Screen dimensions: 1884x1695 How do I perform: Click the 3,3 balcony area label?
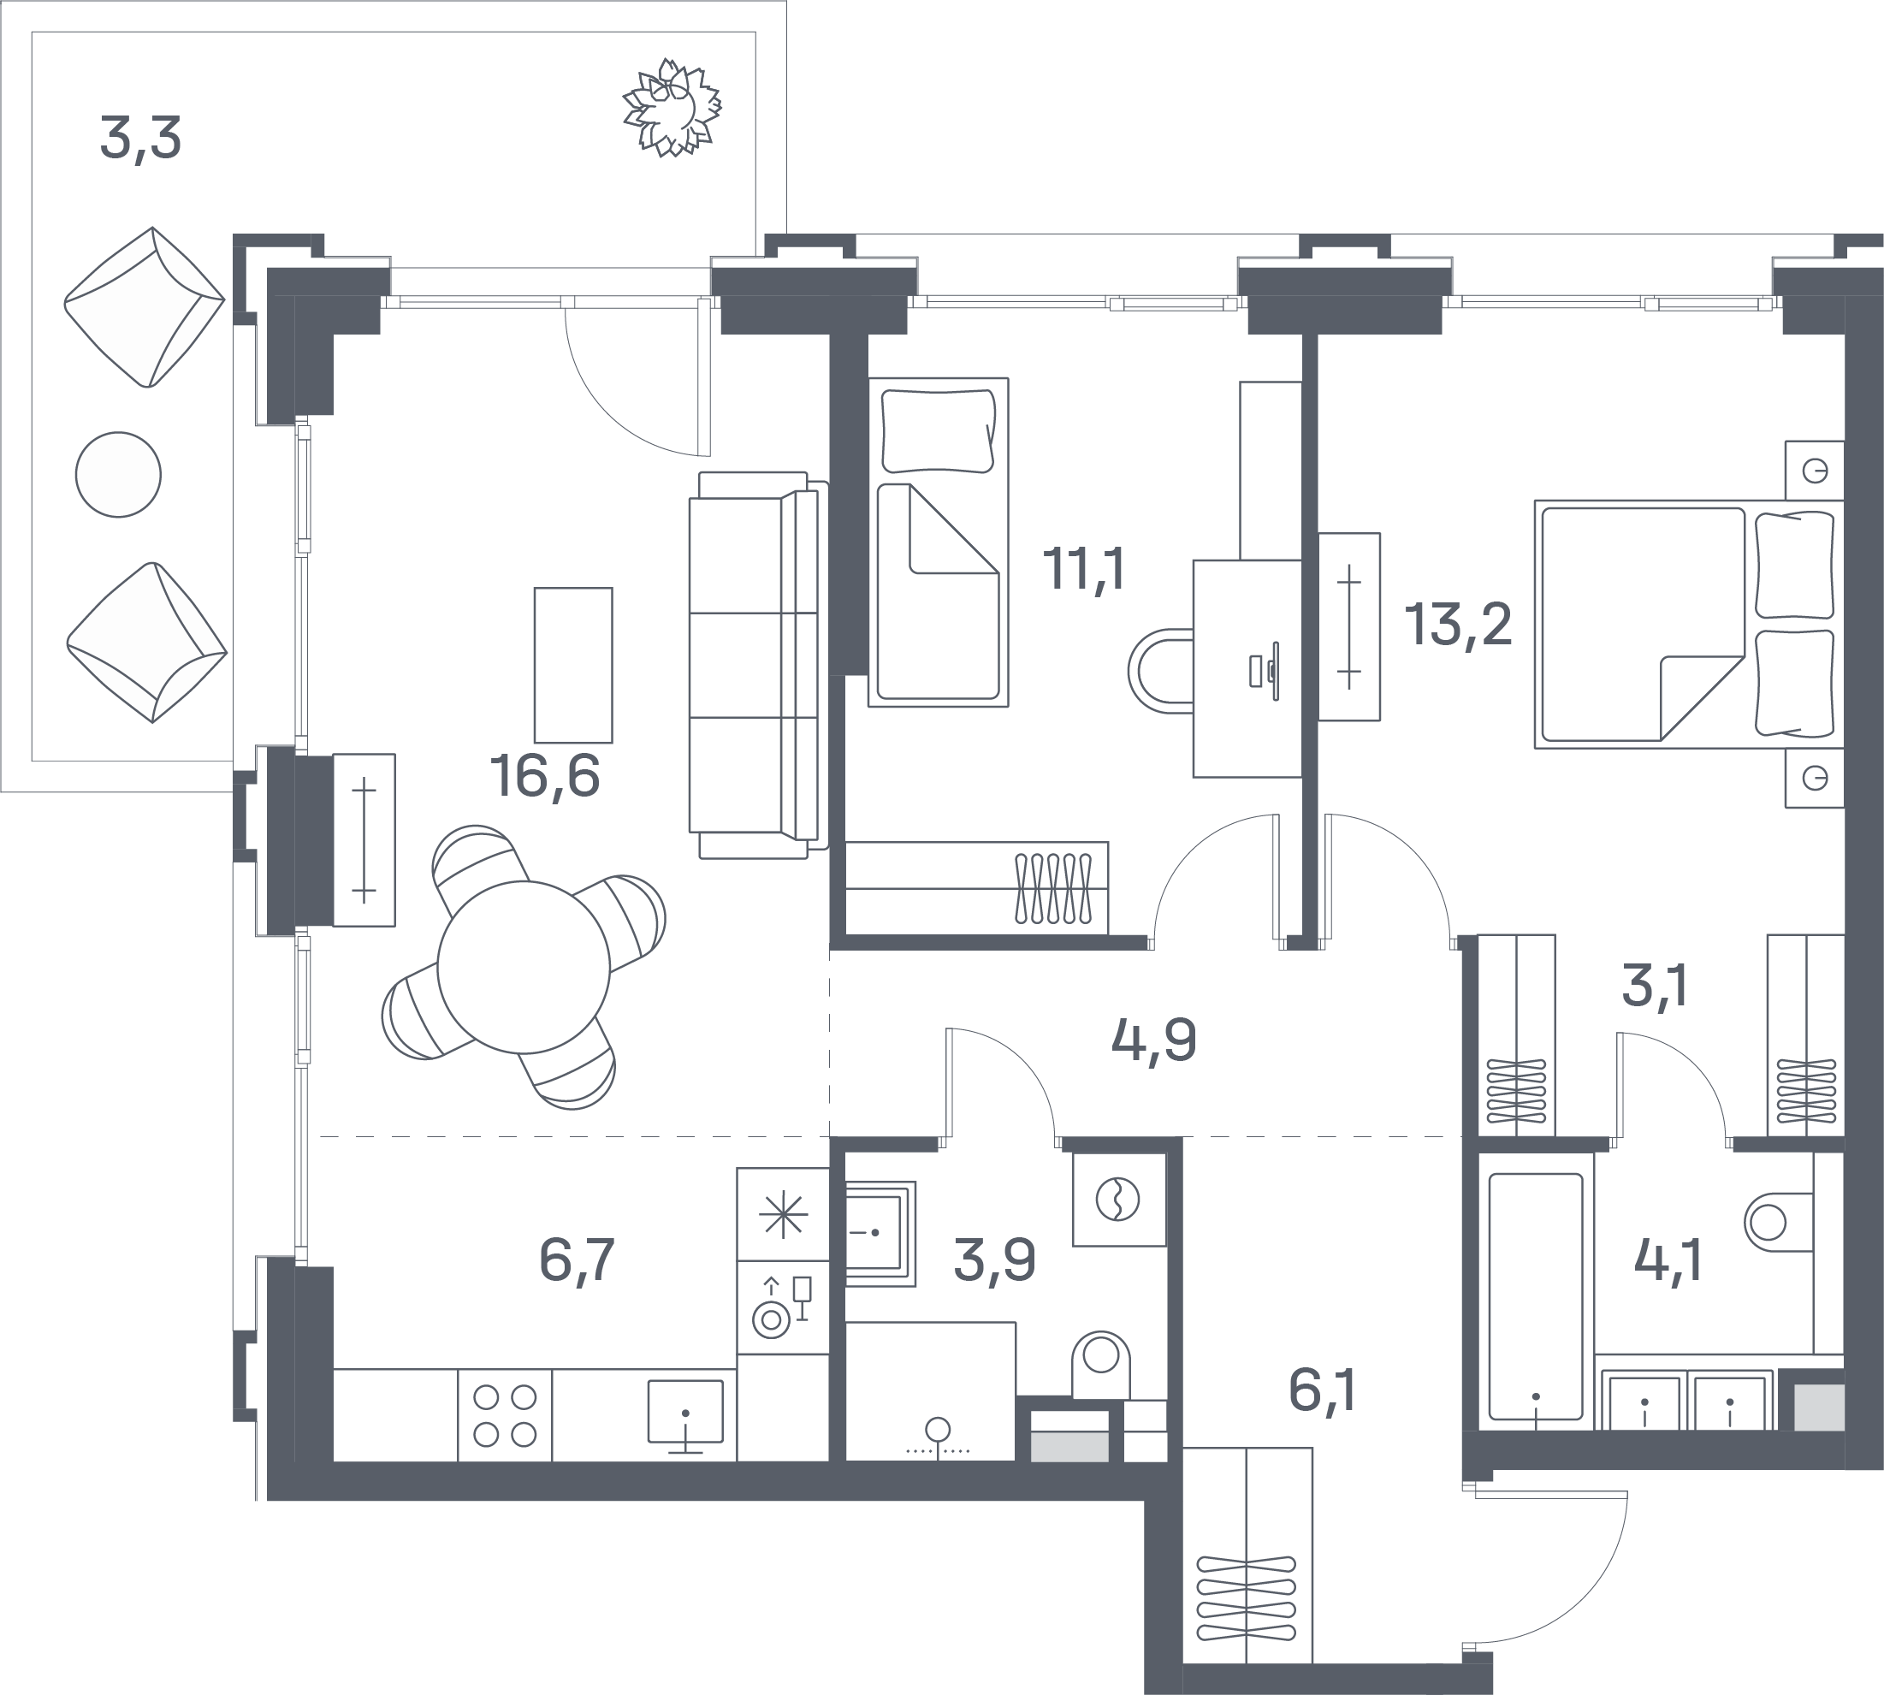[140, 139]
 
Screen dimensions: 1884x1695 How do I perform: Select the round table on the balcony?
[118, 474]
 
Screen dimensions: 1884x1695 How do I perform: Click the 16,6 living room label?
[545, 777]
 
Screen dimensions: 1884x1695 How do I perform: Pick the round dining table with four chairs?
[524, 967]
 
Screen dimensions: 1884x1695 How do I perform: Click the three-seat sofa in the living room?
[758, 665]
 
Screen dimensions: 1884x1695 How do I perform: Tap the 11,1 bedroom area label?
[1083, 568]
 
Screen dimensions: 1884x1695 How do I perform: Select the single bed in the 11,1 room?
[939, 542]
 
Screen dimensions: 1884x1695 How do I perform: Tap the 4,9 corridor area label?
[1154, 1040]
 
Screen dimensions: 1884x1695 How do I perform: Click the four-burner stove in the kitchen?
[505, 1415]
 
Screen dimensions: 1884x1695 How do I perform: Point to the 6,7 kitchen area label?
[578, 1260]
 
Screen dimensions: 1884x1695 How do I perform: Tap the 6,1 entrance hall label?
[1322, 1391]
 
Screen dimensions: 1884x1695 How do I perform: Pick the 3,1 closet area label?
[1655, 987]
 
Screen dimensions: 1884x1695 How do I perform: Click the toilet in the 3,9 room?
[1101, 1365]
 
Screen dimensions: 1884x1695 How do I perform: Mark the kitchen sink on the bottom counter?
[685, 1410]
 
